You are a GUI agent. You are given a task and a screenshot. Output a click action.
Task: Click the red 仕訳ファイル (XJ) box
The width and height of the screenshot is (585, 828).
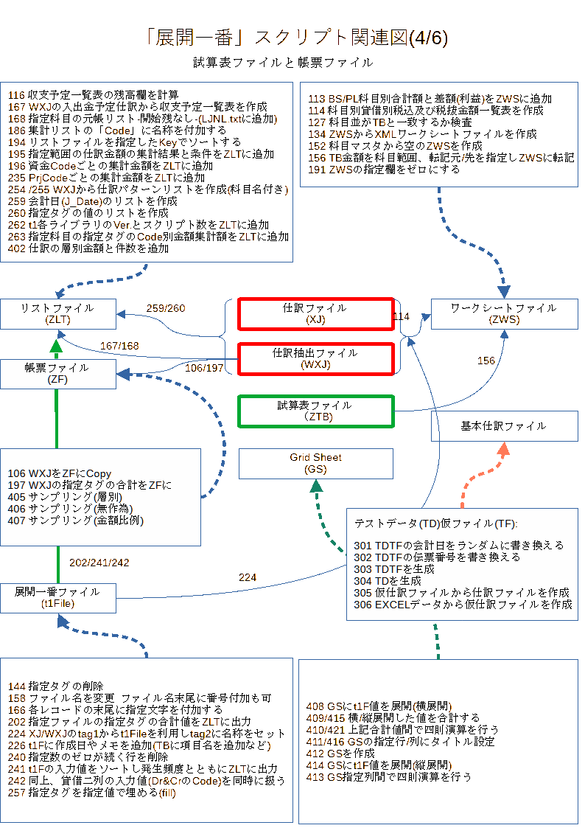point(315,314)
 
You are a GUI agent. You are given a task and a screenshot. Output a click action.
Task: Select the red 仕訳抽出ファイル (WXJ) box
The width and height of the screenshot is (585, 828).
point(315,359)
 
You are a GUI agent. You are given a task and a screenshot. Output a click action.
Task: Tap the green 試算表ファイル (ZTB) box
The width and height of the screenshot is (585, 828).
point(315,411)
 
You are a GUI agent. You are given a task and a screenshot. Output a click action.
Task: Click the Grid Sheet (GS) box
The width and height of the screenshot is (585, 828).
point(315,464)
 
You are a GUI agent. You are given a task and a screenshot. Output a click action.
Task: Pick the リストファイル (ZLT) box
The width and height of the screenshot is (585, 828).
point(58,314)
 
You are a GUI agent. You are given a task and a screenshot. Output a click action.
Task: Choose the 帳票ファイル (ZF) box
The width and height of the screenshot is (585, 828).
point(58,374)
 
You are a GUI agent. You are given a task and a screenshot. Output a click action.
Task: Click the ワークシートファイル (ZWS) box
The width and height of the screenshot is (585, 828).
point(504,314)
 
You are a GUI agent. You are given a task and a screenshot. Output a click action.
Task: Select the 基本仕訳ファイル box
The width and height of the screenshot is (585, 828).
point(504,426)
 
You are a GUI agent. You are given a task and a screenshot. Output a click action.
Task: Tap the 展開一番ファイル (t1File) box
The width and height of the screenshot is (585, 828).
point(58,598)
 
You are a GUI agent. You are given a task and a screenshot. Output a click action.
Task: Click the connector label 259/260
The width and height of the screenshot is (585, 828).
point(166,308)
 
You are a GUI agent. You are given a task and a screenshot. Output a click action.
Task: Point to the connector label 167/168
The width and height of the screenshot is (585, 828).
point(120,346)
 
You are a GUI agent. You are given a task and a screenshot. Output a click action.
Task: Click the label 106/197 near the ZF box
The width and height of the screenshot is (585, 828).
point(204,367)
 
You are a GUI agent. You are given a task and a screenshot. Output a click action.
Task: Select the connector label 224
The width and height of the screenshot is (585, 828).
point(248,577)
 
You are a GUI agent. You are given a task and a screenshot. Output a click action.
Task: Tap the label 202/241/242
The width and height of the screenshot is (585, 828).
point(99,563)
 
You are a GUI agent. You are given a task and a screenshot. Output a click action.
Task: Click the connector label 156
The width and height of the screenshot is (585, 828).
point(486,361)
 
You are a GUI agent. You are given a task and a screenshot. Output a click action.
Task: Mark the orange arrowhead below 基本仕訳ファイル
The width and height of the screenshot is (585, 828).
point(504,449)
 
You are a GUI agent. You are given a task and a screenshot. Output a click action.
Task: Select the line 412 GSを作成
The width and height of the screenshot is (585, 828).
point(340,753)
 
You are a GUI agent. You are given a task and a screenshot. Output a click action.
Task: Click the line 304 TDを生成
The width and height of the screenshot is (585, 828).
point(388,581)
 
